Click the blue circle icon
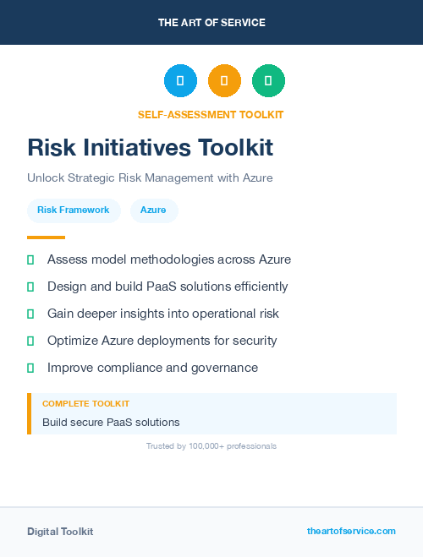[x=180, y=80]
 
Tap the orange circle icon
[x=224, y=80]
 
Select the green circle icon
[x=268, y=80]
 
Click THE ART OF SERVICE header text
[x=211, y=23]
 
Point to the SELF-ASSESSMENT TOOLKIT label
[x=211, y=114]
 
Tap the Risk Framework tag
[x=74, y=210]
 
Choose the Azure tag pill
[x=153, y=210]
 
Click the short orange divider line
[x=46, y=238]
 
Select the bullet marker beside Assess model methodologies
[x=30, y=259]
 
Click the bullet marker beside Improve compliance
[x=30, y=368]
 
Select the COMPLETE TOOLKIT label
[x=85, y=404]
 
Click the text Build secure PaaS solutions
[x=111, y=422]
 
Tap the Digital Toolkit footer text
[x=60, y=531]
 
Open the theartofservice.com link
[x=351, y=531]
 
